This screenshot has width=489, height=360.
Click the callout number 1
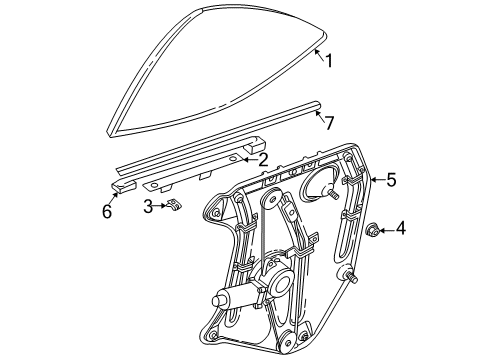tap(329, 61)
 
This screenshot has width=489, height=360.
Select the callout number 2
tap(263, 160)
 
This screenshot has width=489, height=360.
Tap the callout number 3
tap(148, 206)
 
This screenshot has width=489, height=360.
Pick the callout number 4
tap(401, 229)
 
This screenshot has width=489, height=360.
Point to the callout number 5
tap(391, 180)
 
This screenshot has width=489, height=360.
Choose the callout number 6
tap(107, 211)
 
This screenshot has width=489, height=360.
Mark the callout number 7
tap(329, 123)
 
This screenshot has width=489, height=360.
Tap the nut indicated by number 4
tap(372, 230)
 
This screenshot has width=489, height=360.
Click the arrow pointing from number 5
tap(379, 180)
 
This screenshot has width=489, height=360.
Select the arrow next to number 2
tap(250, 160)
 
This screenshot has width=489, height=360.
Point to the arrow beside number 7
tap(319, 116)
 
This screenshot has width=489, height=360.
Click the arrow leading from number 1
tap(319, 54)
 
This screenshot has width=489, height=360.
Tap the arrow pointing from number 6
tap(115, 198)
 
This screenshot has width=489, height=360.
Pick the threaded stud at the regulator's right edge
tap(348, 275)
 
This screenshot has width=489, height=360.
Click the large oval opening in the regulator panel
tap(317, 184)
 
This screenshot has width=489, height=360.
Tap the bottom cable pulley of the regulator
tap(287, 342)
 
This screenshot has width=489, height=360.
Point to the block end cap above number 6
tap(123, 185)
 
